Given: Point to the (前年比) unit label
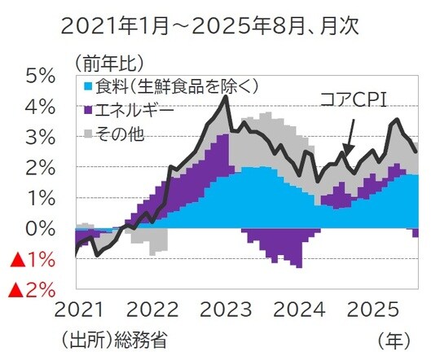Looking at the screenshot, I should tap(109, 60).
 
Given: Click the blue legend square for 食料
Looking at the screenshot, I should tap(88, 86).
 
